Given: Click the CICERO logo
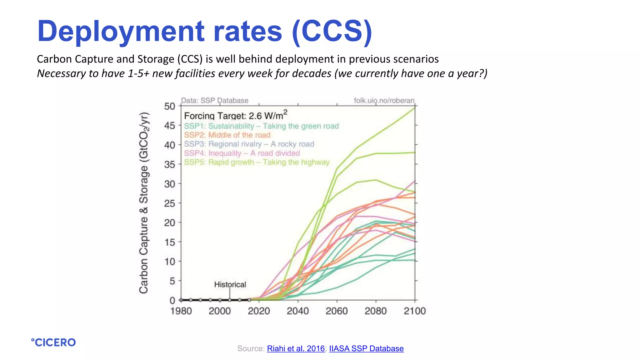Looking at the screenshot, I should (x=53, y=342).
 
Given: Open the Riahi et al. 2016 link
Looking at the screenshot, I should (x=296, y=348).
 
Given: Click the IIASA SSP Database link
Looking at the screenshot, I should (x=366, y=348).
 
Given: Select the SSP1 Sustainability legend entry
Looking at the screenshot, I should (x=261, y=126).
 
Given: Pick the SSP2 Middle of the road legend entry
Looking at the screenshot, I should (x=227, y=135).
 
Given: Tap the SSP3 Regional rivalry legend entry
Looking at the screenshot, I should (x=249, y=144).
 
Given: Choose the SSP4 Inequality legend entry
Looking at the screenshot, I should (x=242, y=153).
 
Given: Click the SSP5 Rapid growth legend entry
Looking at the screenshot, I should (x=257, y=162).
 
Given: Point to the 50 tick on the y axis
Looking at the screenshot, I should (x=170, y=106).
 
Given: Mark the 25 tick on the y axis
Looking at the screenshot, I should (x=170, y=203).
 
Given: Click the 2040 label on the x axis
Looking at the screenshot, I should (x=298, y=311).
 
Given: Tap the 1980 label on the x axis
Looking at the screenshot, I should (x=181, y=311).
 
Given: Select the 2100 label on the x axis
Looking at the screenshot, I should (x=415, y=311).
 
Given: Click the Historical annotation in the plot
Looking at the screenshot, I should (x=230, y=284).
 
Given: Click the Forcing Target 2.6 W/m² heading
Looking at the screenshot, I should (x=235, y=116).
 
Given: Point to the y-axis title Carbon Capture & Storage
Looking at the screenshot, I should (x=144, y=203).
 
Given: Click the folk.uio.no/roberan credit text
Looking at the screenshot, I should (x=384, y=101).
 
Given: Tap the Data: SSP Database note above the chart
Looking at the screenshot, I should (x=215, y=101).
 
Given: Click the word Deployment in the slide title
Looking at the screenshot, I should (x=121, y=31).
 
